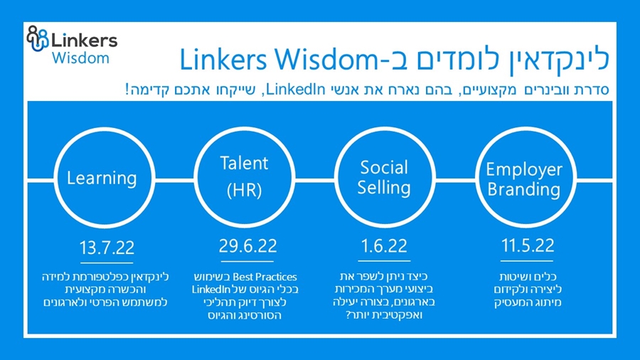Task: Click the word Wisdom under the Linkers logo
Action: coord(80,58)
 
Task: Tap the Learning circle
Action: coord(102,177)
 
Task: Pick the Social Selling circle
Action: coord(384,177)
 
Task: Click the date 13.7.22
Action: coord(106,249)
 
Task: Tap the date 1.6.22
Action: coord(384,247)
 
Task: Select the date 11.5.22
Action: coord(527,247)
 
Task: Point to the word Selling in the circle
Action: coord(384,188)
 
